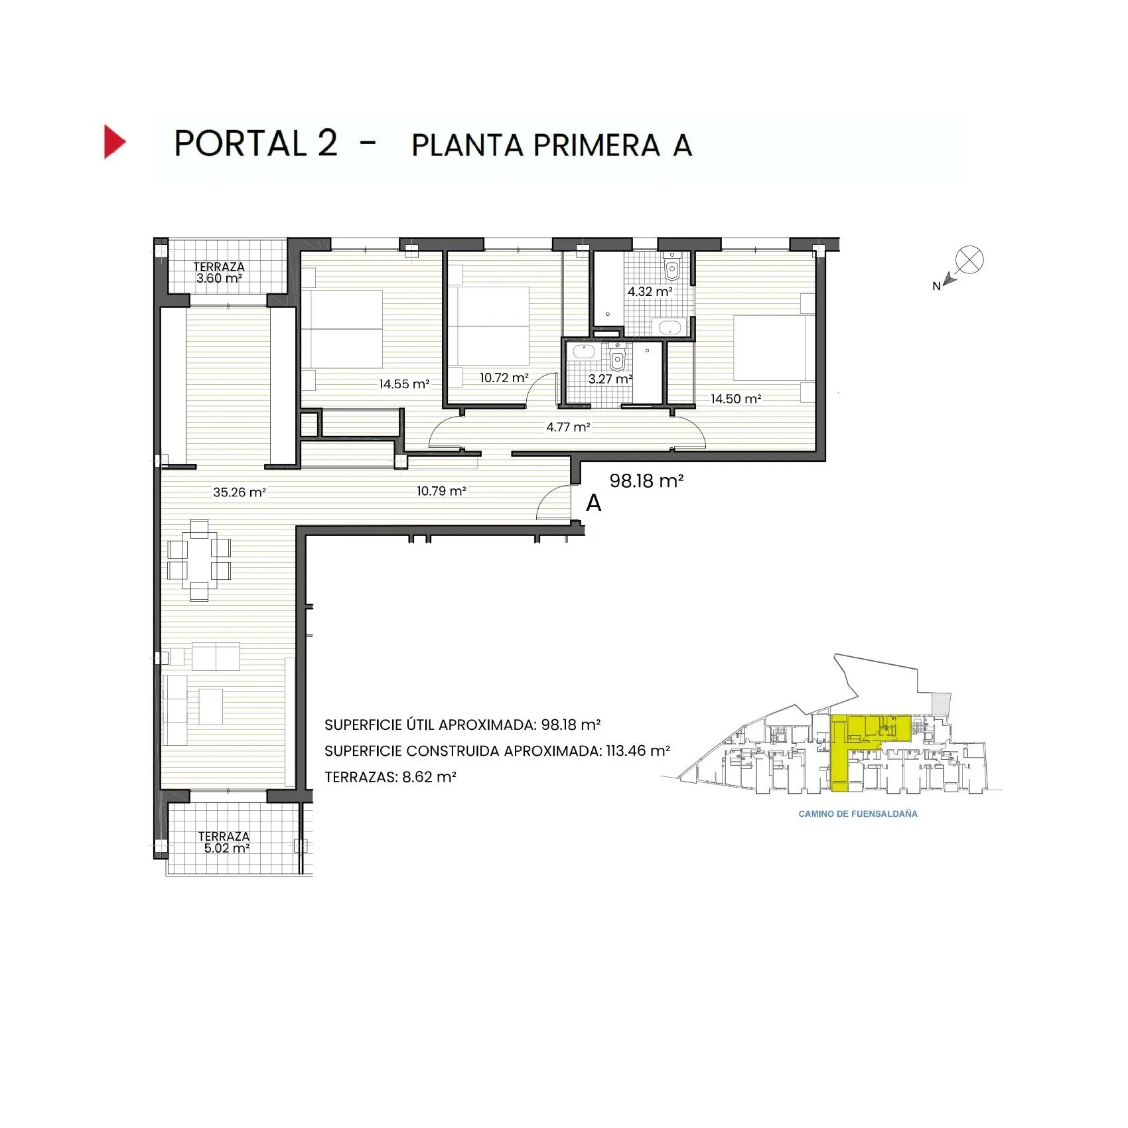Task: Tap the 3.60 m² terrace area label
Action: (x=219, y=279)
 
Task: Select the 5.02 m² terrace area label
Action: (x=226, y=848)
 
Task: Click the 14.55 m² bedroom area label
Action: (x=404, y=384)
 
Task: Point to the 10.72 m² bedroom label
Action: (x=504, y=378)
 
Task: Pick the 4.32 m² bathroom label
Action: (x=650, y=291)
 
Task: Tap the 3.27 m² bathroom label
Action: (x=610, y=379)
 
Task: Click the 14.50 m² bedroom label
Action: (x=736, y=399)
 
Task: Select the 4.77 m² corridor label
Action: (x=568, y=427)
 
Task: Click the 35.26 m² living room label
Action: (x=239, y=492)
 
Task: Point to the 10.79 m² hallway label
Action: (x=441, y=491)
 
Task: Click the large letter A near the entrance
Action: (x=593, y=504)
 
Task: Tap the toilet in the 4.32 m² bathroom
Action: (x=672, y=268)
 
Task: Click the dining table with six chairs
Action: (x=199, y=559)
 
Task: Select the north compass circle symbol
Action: (x=969, y=259)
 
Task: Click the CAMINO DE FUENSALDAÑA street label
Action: (x=857, y=813)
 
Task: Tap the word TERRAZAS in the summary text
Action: (x=360, y=777)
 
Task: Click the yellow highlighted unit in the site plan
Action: (x=841, y=756)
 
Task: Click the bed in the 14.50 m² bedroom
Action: (x=770, y=348)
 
